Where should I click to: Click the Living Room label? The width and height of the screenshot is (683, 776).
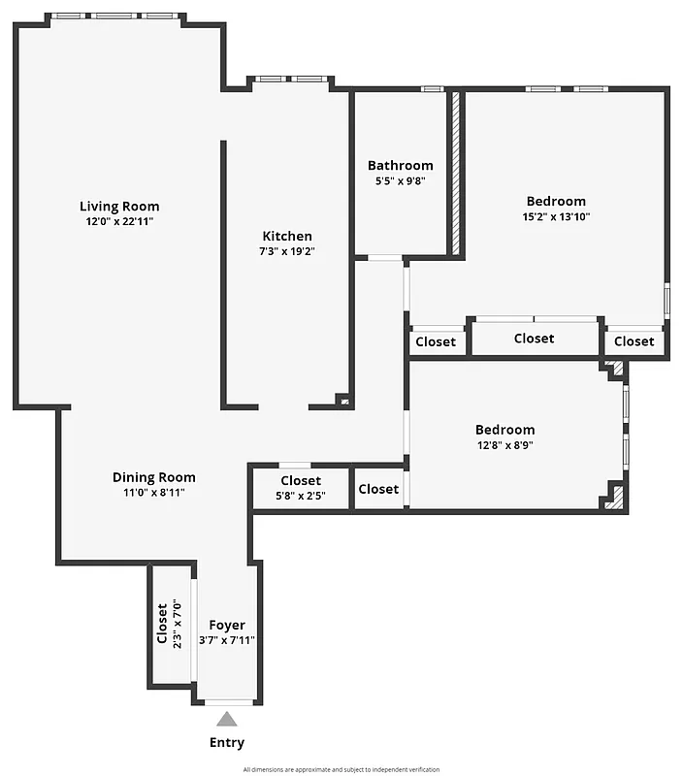pos(119,206)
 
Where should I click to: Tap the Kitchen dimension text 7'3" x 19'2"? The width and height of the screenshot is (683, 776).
pos(287,251)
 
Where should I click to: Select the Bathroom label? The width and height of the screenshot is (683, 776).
pos(400,165)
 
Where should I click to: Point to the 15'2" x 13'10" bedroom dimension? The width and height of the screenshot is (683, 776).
pos(556,216)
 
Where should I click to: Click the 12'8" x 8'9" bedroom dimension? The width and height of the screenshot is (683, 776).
pos(504,445)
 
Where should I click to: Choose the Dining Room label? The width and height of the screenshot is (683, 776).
pos(153,476)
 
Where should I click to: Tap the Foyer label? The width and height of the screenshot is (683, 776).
pos(227,625)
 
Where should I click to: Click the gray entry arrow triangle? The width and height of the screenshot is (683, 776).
pos(227,719)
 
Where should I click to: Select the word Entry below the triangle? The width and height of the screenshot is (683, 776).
pos(227,742)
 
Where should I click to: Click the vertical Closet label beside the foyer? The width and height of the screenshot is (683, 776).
pos(162,625)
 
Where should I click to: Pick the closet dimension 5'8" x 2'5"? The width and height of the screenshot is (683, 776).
pos(301,497)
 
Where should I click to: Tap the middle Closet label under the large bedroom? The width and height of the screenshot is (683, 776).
pos(534,339)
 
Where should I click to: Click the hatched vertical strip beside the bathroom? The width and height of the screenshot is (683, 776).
pos(454,175)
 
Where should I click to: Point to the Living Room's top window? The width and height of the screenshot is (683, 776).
pos(114,16)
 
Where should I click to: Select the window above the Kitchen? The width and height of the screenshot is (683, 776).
pos(290,79)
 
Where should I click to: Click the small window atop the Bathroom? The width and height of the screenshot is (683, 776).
pos(433,89)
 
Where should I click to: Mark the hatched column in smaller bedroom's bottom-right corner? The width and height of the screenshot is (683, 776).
pos(613,498)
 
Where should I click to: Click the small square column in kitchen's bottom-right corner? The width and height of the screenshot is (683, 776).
pos(341,399)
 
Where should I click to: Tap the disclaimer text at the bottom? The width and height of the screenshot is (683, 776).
pos(341,768)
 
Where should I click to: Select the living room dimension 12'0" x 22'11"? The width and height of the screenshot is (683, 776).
pos(119,221)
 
